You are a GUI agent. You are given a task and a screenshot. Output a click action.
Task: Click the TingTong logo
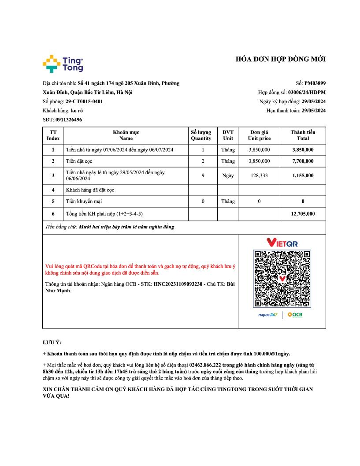63,63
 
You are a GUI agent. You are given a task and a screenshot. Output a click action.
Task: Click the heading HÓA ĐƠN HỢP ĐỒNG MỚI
281,59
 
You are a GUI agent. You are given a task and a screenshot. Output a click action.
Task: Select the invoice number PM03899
315,83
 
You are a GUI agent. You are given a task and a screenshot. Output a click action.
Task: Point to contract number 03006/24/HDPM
307,92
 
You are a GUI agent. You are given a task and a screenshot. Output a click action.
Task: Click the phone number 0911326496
68,119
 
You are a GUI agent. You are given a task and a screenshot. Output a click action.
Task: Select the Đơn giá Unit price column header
259,135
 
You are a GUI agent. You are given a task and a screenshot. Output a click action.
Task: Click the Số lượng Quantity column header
201,135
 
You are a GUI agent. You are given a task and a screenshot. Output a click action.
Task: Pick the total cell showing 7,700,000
303,161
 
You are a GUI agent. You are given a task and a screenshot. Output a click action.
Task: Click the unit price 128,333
259,175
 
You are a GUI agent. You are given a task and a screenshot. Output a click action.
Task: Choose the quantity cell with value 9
203,175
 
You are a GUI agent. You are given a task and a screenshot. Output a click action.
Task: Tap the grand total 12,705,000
303,214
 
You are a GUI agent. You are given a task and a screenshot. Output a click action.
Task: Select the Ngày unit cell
228,175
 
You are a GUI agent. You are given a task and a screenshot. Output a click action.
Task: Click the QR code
282,279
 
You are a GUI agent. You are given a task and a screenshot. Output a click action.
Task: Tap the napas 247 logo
268,315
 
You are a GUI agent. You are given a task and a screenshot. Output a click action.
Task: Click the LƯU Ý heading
52,343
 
